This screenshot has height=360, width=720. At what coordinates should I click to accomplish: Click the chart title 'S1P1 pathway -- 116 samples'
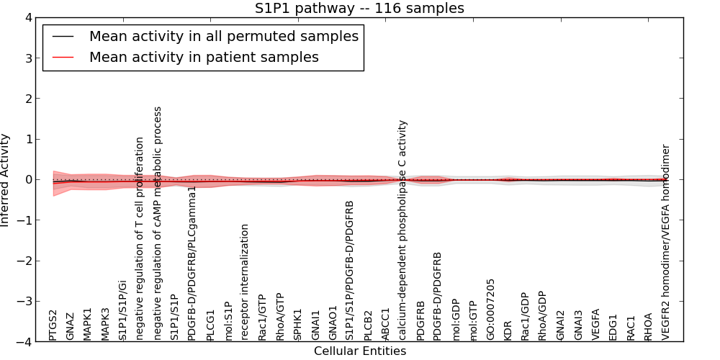(359, 9)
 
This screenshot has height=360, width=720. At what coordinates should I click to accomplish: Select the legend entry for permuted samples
(223, 36)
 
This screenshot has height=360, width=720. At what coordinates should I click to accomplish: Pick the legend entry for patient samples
(204, 57)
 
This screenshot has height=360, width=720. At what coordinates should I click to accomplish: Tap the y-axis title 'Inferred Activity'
(6, 179)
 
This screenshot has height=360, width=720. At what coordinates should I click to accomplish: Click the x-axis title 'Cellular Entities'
(359, 351)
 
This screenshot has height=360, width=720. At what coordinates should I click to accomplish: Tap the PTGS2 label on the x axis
(53, 325)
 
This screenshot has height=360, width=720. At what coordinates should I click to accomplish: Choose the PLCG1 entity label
(210, 325)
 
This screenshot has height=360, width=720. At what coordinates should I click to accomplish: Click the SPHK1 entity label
(297, 325)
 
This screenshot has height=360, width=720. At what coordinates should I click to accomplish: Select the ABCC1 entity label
(385, 324)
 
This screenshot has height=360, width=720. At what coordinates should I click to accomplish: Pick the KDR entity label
(508, 330)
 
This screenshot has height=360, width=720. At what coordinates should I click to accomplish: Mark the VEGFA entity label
(595, 324)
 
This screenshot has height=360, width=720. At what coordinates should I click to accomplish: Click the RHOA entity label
(648, 326)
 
